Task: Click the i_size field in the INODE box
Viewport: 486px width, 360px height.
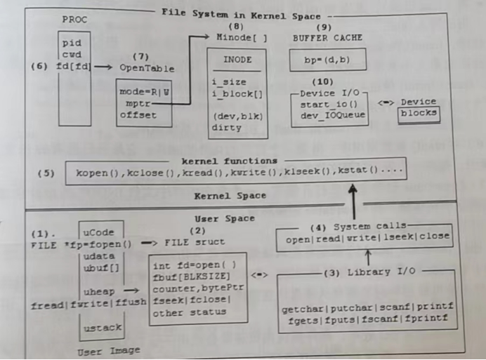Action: pyautogui.click(x=229, y=82)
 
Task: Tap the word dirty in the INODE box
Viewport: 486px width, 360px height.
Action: pyautogui.click(x=226, y=128)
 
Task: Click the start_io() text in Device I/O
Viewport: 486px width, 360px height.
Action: pyautogui.click(x=320, y=104)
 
